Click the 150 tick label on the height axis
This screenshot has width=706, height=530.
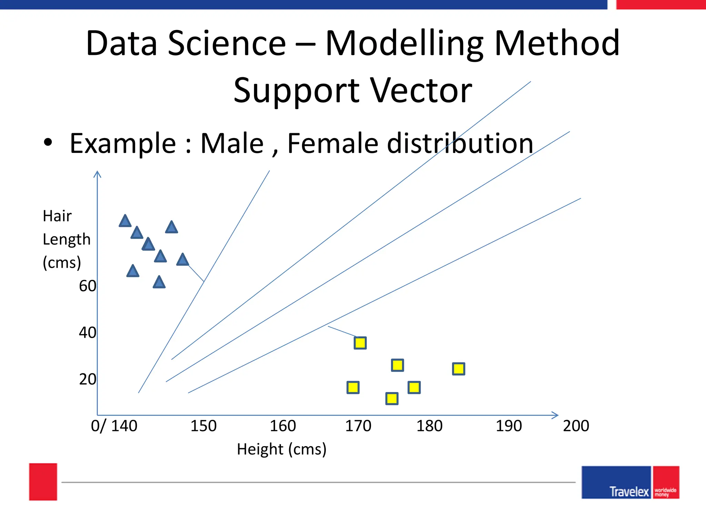tap(203, 426)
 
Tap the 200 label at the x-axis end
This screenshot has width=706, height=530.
tap(576, 426)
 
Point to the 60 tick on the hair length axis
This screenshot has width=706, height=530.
tap(88, 286)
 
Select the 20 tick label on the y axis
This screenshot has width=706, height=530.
tap(88, 379)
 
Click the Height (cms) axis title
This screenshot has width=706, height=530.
tap(282, 449)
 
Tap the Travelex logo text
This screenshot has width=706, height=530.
tap(629, 491)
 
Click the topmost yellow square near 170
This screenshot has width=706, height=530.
tap(360, 343)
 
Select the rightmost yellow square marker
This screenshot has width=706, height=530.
tap(458, 369)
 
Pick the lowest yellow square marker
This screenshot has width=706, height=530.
tap(392, 399)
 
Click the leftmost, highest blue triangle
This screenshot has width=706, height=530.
tap(125, 221)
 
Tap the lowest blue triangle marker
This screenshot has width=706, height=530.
tap(159, 283)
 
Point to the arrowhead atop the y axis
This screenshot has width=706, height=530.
tap(97, 174)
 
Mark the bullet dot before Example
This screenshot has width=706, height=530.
tap(48, 143)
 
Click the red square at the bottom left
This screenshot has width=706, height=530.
tap(43, 482)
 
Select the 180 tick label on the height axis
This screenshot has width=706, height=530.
tap(429, 426)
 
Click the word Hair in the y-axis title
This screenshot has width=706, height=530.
tap(57, 216)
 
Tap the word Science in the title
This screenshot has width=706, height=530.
tap(227, 43)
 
